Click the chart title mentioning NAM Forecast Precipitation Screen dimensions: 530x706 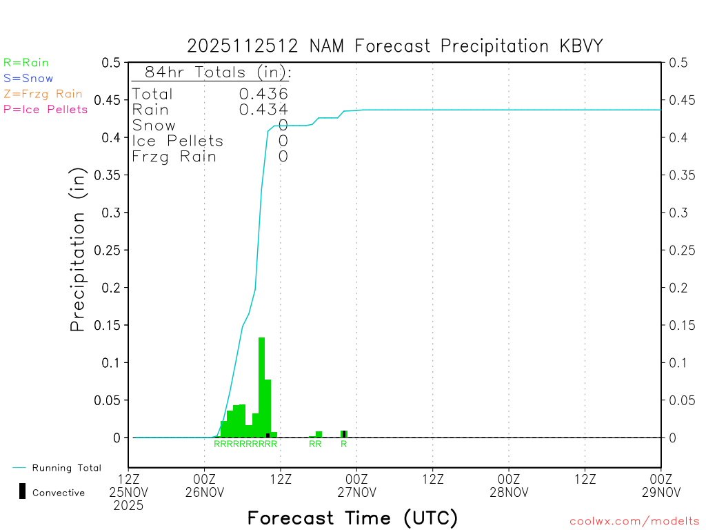coord(395,46)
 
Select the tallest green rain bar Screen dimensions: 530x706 coord(261,386)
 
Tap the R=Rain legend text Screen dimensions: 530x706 coord(26,63)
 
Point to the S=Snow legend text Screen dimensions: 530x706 coord(28,79)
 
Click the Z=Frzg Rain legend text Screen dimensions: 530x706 coord(43,94)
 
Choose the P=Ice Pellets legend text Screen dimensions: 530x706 coord(46,109)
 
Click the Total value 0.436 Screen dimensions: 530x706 coord(263,94)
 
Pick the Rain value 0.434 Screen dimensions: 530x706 coord(263,109)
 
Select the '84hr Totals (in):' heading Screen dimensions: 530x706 coord(217,72)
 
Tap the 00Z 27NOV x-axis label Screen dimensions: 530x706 coord(357,484)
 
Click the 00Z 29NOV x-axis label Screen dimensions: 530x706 coord(661,484)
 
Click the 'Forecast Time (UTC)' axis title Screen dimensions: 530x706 coord(352,518)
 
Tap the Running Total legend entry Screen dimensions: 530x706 coord(66,468)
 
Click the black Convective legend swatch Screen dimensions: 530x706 coord(22,491)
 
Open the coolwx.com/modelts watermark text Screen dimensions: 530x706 coord(634,521)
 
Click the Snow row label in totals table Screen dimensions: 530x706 coord(154,125)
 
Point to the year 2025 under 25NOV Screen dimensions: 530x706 coord(129,505)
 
